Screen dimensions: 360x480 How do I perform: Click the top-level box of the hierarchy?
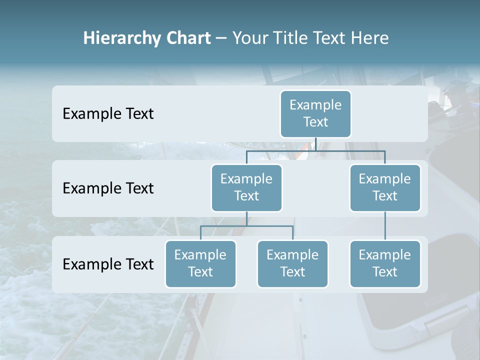[x=315, y=113]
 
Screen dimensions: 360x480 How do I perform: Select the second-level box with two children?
[x=246, y=187]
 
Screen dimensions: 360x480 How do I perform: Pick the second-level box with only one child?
[x=385, y=187]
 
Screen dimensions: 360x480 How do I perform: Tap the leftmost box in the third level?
[x=200, y=263]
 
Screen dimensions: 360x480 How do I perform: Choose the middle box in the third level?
[x=292, y=263]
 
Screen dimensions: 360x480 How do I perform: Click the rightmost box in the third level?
[x=385, y=263]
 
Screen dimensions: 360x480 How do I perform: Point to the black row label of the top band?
[x=108, y=114]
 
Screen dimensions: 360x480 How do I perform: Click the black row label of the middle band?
[x=108, y=188]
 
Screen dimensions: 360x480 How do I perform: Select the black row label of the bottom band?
[x=108, y=264]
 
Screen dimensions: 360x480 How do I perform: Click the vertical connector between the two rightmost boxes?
[x=385, y=226]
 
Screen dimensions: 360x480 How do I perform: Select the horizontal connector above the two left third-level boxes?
[x=246, y=226]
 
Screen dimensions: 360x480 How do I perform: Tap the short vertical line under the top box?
[x=315, y=144]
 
